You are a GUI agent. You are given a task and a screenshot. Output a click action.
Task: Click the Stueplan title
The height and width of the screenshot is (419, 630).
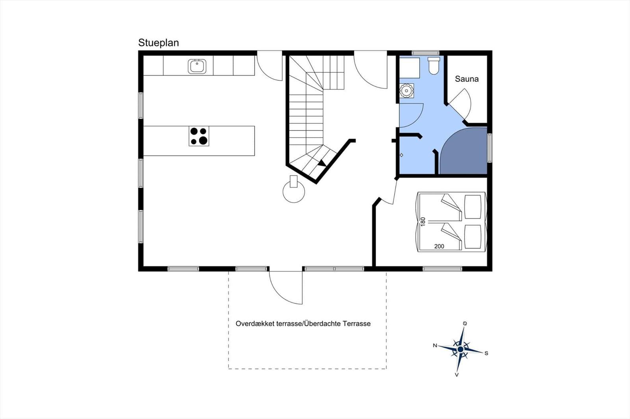click(158, 43)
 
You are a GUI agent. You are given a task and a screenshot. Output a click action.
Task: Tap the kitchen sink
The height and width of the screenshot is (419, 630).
click(197, 66)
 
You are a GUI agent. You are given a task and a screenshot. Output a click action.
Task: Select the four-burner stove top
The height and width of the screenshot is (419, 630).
click(199, 136)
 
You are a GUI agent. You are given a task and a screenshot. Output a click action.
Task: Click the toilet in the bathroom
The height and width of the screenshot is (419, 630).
click(434, 66)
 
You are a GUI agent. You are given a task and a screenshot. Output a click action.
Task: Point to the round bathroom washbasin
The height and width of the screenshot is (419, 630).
click(406, 90)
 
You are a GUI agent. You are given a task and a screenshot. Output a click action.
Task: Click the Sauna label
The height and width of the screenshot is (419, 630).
click(467, 79)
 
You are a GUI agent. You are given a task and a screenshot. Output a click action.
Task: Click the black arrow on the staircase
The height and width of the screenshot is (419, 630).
click(322, 163)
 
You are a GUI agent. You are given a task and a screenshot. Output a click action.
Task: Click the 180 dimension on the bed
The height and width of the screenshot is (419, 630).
click(423, 222)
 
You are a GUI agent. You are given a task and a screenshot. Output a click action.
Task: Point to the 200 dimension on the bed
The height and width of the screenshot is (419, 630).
click(439, 246)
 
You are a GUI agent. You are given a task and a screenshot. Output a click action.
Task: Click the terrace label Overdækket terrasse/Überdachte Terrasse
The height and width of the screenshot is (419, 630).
click(303, 323)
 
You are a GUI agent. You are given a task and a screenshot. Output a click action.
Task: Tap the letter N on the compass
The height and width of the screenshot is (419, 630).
click(435, 345)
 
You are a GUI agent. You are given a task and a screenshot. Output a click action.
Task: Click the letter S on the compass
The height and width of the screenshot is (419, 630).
click(486, 353)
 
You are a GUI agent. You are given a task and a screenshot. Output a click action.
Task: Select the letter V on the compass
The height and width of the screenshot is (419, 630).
click(457, 375)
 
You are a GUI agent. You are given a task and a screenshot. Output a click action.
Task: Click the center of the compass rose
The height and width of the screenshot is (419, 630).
click(460, 349)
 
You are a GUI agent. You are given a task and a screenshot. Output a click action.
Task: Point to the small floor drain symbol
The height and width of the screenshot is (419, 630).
click(401, 155)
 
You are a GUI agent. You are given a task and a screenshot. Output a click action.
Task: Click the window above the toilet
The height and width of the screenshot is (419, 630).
click(426, 53)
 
